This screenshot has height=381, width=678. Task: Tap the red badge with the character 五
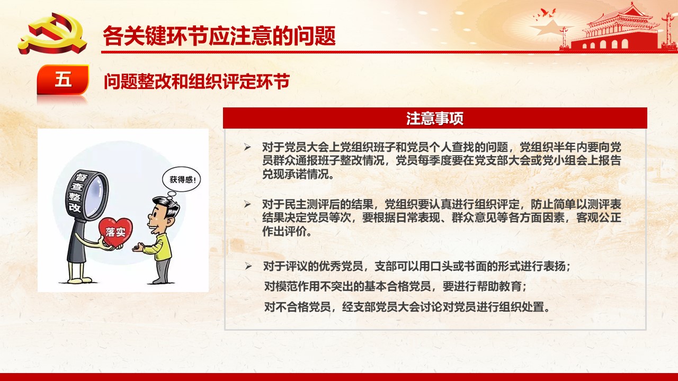(x=63, y=79)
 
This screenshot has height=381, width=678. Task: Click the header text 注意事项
(x=435, y=118)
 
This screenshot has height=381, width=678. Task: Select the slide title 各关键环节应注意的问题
(x=219, y=35)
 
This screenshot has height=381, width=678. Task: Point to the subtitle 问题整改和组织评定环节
(x=197, y=81)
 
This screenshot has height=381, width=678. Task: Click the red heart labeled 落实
(x=115, y=232)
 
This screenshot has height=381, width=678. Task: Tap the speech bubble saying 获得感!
(x=181, y=179)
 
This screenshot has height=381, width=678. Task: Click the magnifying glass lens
(x=94, y=194)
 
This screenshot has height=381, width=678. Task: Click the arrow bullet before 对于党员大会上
(x=247, y=147)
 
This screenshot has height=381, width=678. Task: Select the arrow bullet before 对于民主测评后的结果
(x=247, y=204)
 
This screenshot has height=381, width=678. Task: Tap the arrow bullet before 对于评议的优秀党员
(x=248, y=266)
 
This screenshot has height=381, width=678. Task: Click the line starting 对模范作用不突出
(x=395, y=286)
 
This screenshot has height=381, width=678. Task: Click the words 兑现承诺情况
(x=298, y=174)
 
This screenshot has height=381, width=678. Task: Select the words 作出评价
(x=287, y=231)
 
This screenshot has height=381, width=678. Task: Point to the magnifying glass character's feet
(x=78, y=280)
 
